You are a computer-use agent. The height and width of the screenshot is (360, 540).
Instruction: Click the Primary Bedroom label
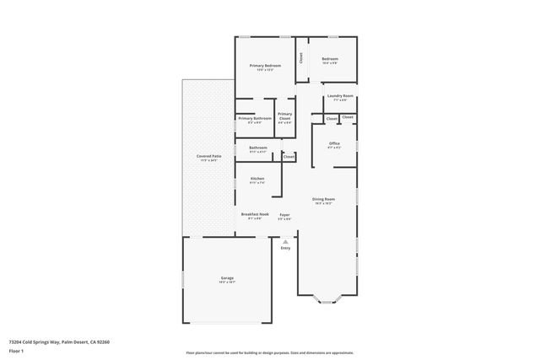265,65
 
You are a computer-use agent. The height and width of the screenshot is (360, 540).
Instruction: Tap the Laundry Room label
340,96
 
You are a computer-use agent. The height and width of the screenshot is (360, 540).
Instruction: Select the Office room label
334,143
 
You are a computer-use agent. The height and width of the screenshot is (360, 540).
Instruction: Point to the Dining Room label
324,198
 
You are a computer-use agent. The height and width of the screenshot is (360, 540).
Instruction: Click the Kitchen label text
257,178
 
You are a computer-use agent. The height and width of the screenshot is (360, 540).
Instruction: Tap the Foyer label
285,215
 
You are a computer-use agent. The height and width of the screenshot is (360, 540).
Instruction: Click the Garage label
227,277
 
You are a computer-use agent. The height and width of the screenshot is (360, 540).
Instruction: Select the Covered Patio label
209,156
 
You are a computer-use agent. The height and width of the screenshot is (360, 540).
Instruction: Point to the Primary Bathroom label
255,118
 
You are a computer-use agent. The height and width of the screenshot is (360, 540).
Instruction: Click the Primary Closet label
285,116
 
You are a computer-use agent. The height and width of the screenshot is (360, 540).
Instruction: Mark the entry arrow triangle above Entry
285,240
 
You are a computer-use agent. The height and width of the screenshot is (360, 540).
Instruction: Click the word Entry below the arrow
285,248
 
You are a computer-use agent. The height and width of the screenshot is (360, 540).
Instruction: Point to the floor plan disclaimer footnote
269,353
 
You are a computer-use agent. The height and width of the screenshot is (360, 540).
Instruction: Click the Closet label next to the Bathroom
289,156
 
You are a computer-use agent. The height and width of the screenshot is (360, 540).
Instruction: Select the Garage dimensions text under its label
227,282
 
